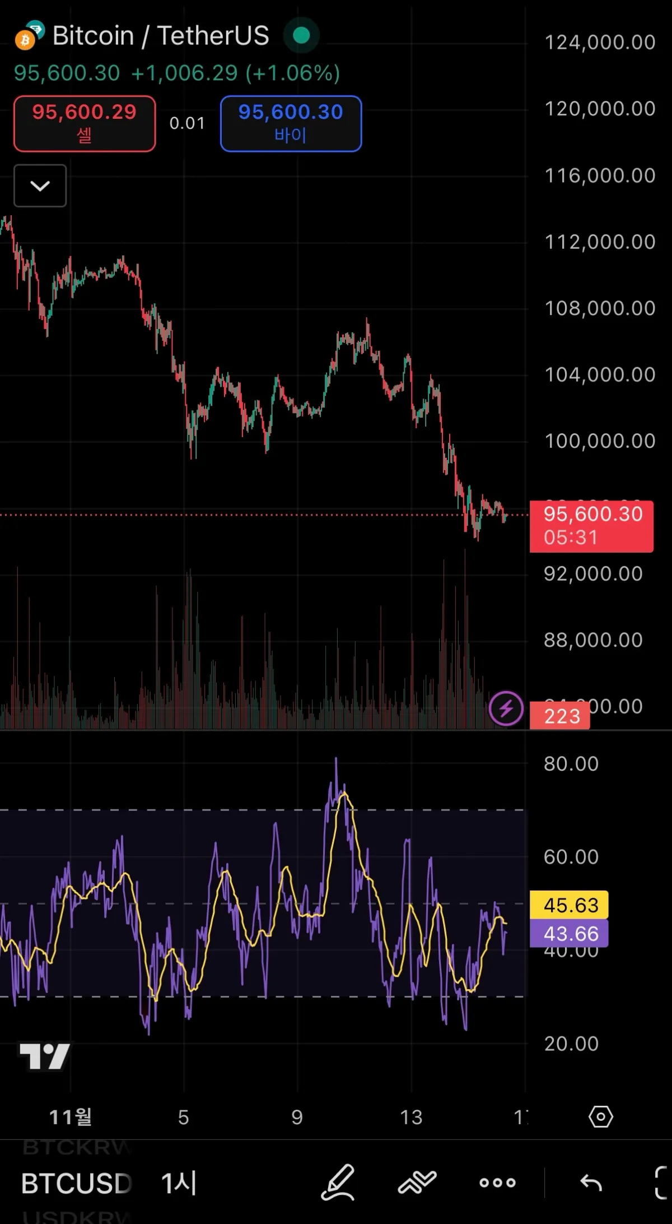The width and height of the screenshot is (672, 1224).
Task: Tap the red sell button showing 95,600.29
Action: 85,123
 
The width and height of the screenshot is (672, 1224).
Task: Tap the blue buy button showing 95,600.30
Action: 291,123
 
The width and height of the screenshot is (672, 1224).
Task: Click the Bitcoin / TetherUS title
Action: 160,36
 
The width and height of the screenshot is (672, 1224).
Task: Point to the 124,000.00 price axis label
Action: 600,43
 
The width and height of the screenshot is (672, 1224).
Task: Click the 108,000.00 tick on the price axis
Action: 600,308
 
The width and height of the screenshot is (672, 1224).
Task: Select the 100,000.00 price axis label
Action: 600,441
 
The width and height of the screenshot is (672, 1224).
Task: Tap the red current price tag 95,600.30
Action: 592,525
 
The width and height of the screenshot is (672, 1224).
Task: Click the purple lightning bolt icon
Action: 506,708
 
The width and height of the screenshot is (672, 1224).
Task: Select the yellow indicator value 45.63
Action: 570,905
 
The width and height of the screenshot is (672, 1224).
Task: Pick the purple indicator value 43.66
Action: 570,934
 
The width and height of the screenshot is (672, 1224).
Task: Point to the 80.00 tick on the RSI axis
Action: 571,764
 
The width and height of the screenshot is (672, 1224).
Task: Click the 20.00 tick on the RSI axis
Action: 571,1044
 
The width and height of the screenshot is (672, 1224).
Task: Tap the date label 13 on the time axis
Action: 411,1118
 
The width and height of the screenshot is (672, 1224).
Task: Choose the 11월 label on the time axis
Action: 71,1117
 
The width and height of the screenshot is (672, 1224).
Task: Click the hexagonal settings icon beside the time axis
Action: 601,1117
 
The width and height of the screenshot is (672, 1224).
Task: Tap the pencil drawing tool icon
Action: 338,1182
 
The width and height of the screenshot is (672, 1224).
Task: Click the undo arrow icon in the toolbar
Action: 591,1183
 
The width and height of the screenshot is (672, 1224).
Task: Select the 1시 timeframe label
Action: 179,1183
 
